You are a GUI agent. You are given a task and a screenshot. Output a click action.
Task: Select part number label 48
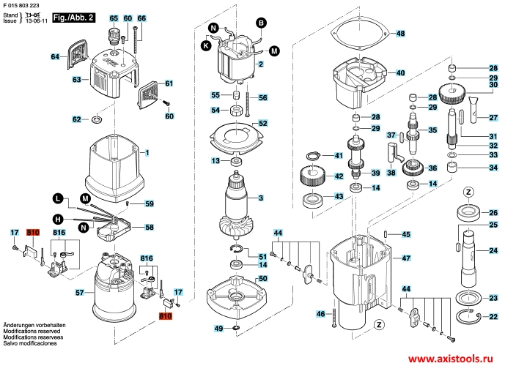400,34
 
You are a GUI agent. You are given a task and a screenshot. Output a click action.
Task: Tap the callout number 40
400,73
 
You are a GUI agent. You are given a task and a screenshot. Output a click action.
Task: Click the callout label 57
80,293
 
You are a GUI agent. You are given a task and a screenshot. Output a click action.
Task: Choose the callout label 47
407,258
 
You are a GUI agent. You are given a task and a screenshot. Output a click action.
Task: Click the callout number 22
493,316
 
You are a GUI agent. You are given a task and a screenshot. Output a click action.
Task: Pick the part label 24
493,251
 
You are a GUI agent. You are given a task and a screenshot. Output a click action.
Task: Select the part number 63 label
76,79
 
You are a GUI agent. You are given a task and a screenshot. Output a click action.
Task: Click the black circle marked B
260,23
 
